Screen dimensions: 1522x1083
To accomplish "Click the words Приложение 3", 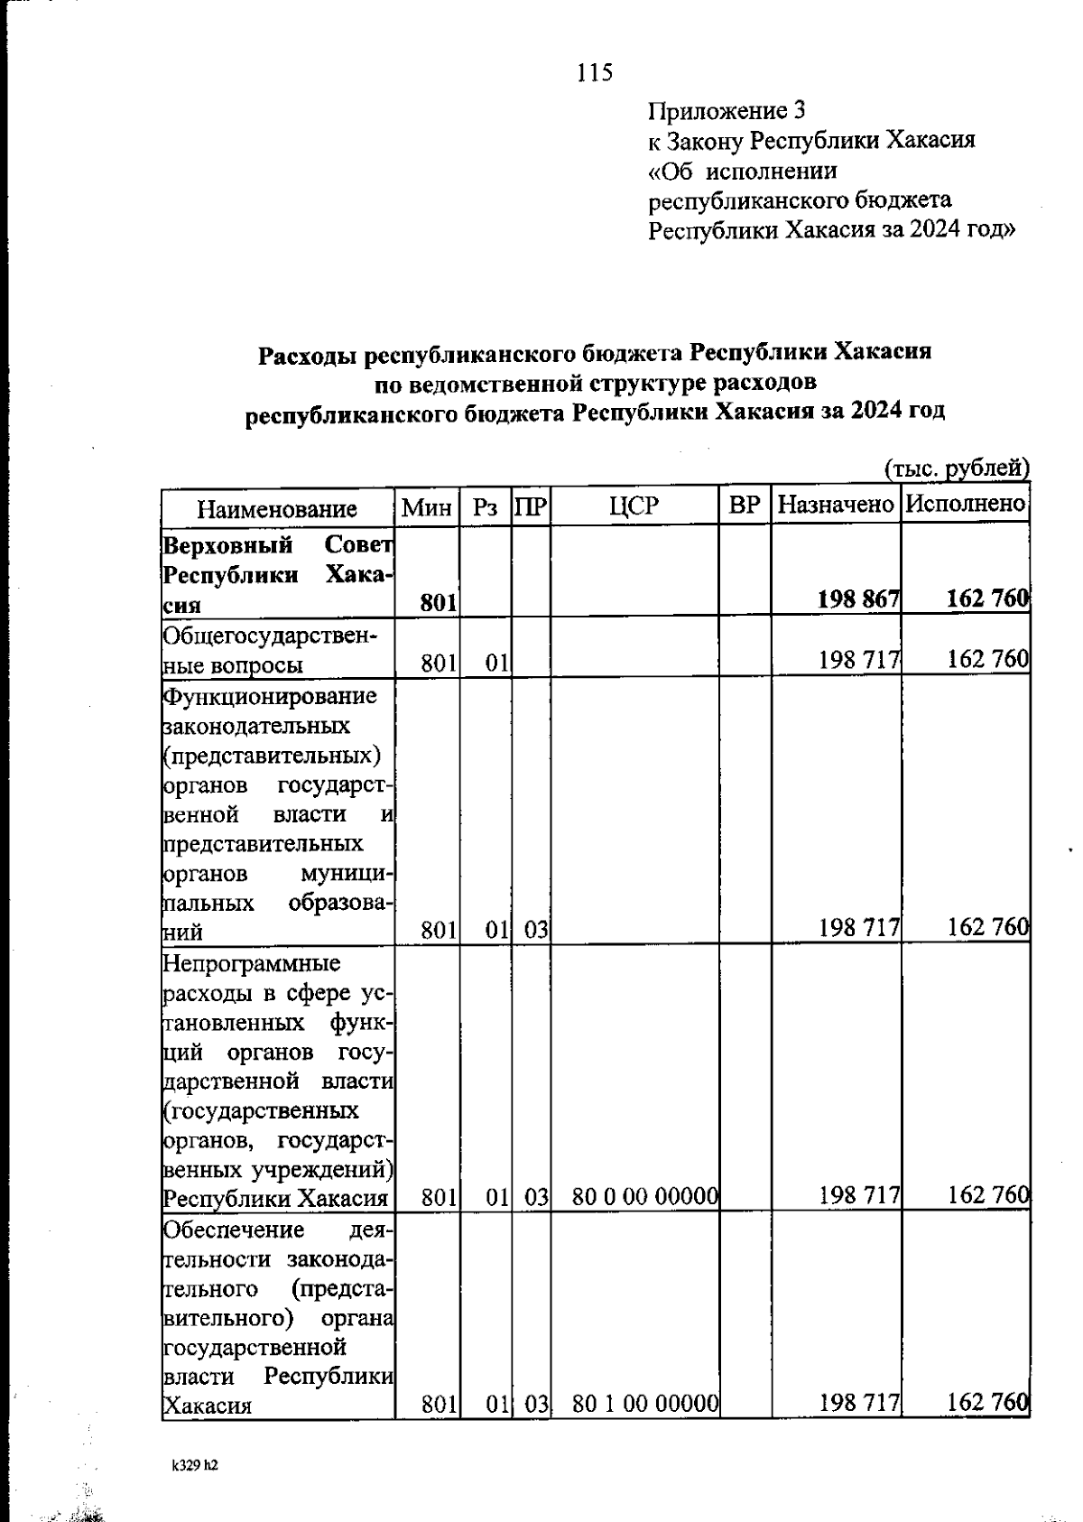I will (727, 111).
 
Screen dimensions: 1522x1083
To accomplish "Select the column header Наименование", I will (277, 508).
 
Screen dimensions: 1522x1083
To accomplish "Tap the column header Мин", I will (427, 506).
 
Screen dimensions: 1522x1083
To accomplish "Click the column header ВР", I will (745, 506).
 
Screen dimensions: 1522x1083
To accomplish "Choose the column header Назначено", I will (836, 506).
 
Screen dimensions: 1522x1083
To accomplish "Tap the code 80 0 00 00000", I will (644, 1197).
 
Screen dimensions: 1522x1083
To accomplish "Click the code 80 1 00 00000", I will (644, 1403).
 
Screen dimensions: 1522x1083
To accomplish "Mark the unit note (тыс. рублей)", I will (956, 468).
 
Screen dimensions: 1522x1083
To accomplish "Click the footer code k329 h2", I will (195, 1466).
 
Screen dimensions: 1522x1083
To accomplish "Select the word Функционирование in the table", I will (270, 696).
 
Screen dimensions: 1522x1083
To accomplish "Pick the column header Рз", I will (486, 506).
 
